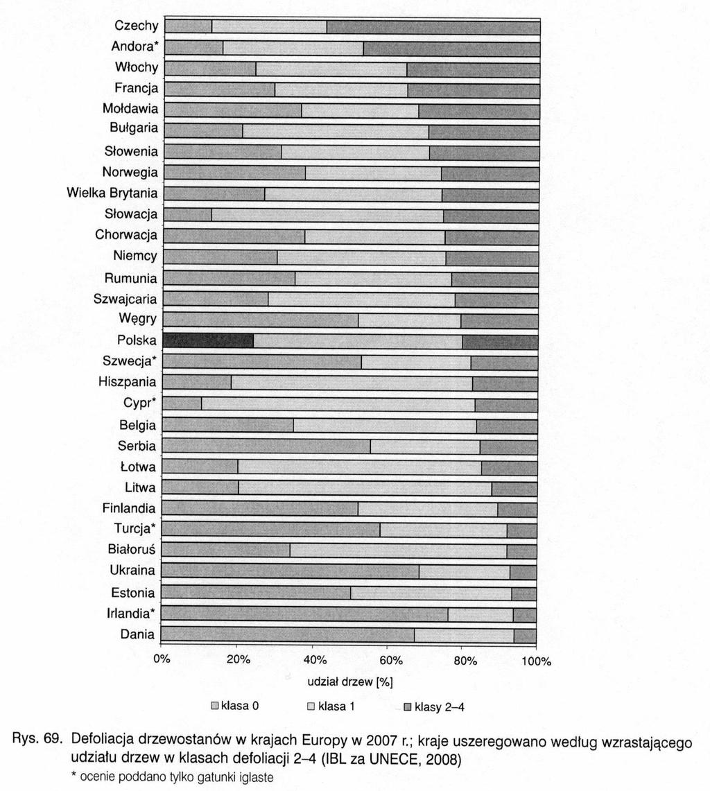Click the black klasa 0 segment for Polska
tap(208, 342)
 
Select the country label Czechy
tap(137, 25)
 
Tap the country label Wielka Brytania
tap(112, 193)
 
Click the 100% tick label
tap(537, 661)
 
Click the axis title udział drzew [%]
tap(350, 682)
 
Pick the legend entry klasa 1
tap(331, 706)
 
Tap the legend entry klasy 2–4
tap(434, 707)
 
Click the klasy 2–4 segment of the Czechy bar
tap(433, 27)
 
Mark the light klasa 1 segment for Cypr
tap(338, 405)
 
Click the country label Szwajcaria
tap(125, 299)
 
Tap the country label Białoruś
tap(132, 549)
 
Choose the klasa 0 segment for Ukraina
tap(290, 571)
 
